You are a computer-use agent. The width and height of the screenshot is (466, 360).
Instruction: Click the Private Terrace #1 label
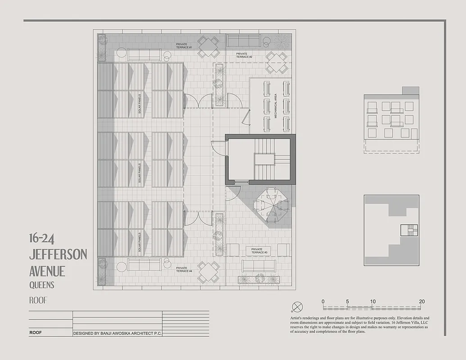coord(184,45)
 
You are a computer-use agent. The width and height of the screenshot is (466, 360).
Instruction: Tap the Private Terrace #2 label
coord(244,55)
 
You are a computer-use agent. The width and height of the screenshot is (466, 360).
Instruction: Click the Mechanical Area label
coord(276,106)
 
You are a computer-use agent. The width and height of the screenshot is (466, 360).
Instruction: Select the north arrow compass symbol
coord(297,307)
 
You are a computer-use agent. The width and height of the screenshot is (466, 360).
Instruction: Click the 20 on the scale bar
coord(421,301)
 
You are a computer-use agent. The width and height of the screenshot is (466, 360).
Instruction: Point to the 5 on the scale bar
coord(348,301)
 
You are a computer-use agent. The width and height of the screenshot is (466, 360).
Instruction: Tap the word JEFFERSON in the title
coord(58,254)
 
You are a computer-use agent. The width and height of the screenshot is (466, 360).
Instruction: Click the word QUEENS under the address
coord(42,285)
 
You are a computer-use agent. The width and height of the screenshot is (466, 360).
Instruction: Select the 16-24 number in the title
coord(42,238)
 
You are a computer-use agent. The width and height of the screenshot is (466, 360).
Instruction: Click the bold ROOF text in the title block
coord(36,333)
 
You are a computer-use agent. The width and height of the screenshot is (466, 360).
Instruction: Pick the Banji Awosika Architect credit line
coord(118,333)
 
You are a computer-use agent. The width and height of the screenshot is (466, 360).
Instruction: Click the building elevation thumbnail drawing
coord(391,119)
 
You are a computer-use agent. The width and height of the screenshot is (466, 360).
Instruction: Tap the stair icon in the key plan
coord(409,230)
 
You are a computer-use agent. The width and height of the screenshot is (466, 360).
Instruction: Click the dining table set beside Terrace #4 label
coord(208,271)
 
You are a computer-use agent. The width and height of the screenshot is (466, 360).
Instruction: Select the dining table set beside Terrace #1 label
coord(208,47)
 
